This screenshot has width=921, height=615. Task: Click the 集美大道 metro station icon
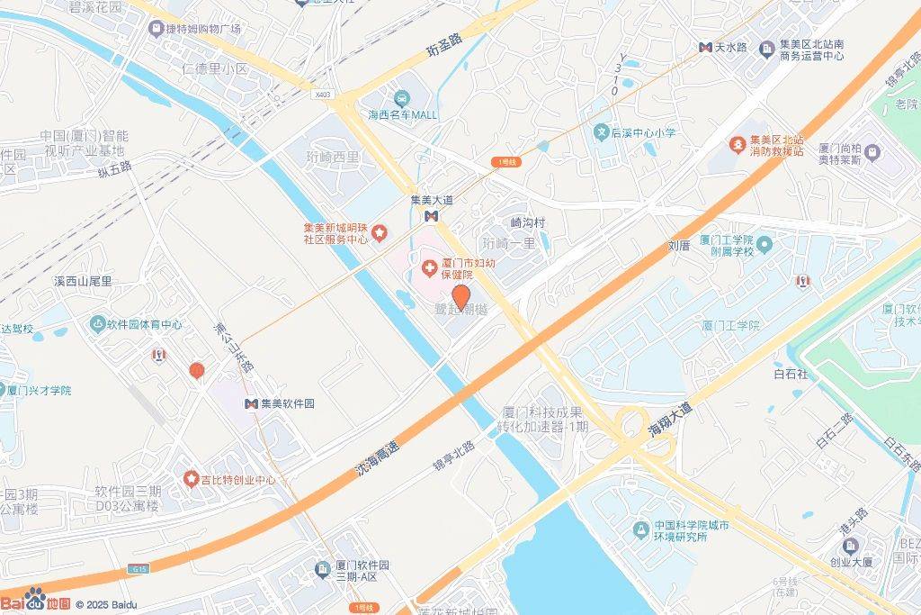click(x=432, y=216)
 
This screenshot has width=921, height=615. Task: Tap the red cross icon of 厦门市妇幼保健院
click(x=430, y=268)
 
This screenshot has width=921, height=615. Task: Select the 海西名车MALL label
click(x=402, y=114)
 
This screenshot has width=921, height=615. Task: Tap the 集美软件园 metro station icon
click(x=252, y=403)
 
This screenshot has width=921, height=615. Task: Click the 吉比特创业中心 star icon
click(x=191, y=479)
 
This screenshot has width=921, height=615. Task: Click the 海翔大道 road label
click(x=670, y=421)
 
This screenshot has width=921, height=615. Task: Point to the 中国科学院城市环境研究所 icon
click(x=641, y=527)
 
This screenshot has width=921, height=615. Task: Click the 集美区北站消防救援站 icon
click(x=733, y=141)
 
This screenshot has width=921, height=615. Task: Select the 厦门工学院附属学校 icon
click(x=765, y=244)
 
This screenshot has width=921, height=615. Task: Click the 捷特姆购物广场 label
click(x=203, y=29)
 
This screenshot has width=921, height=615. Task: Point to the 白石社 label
click(x=791, y=373)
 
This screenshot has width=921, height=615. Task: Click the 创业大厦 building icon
click(x=851, y=545)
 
